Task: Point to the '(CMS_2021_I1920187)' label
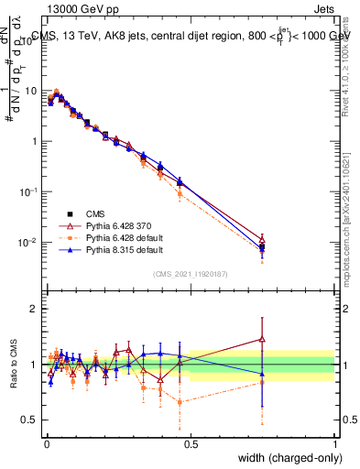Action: click(x=189, y=273)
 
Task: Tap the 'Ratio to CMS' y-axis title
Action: click(x=13, y=364)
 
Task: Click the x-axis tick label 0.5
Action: click(x=191, y=442)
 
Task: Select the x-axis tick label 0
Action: click(x=47, y=442)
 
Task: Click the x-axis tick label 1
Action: click(x=334, y=442)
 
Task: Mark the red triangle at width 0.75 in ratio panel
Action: click(x=262, y=339)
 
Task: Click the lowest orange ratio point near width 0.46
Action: click(x=179, y=401)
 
